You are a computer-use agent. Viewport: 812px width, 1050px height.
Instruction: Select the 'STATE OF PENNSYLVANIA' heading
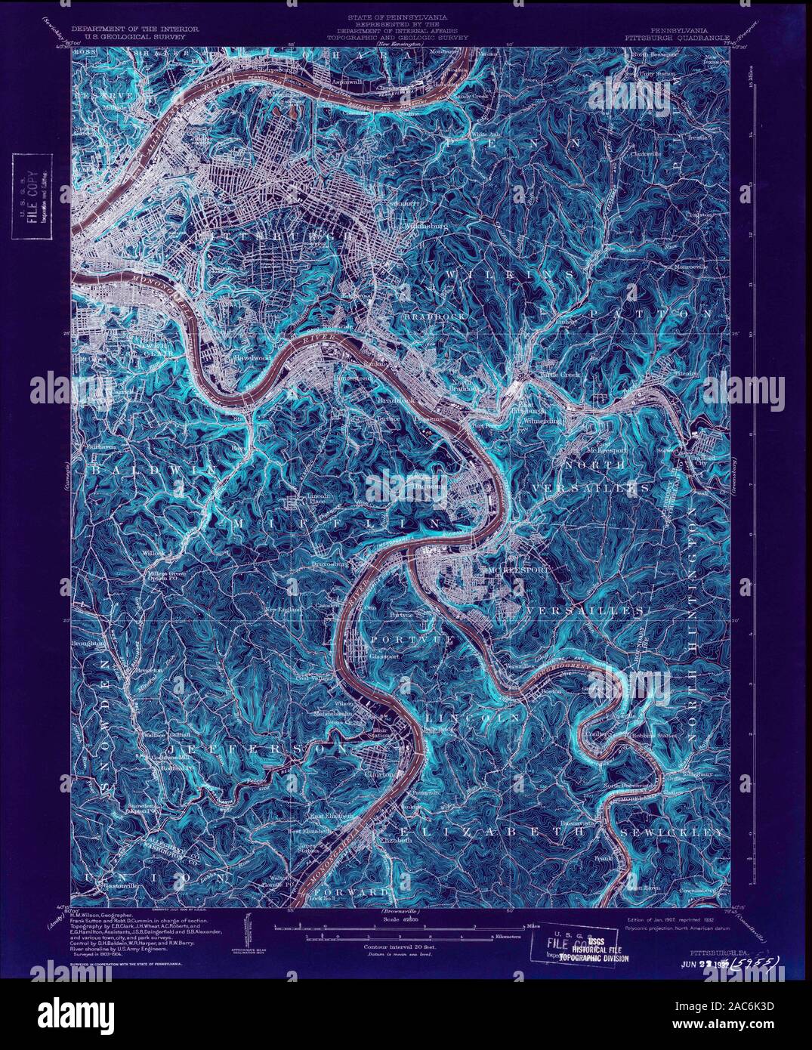click(x=397, y=16)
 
